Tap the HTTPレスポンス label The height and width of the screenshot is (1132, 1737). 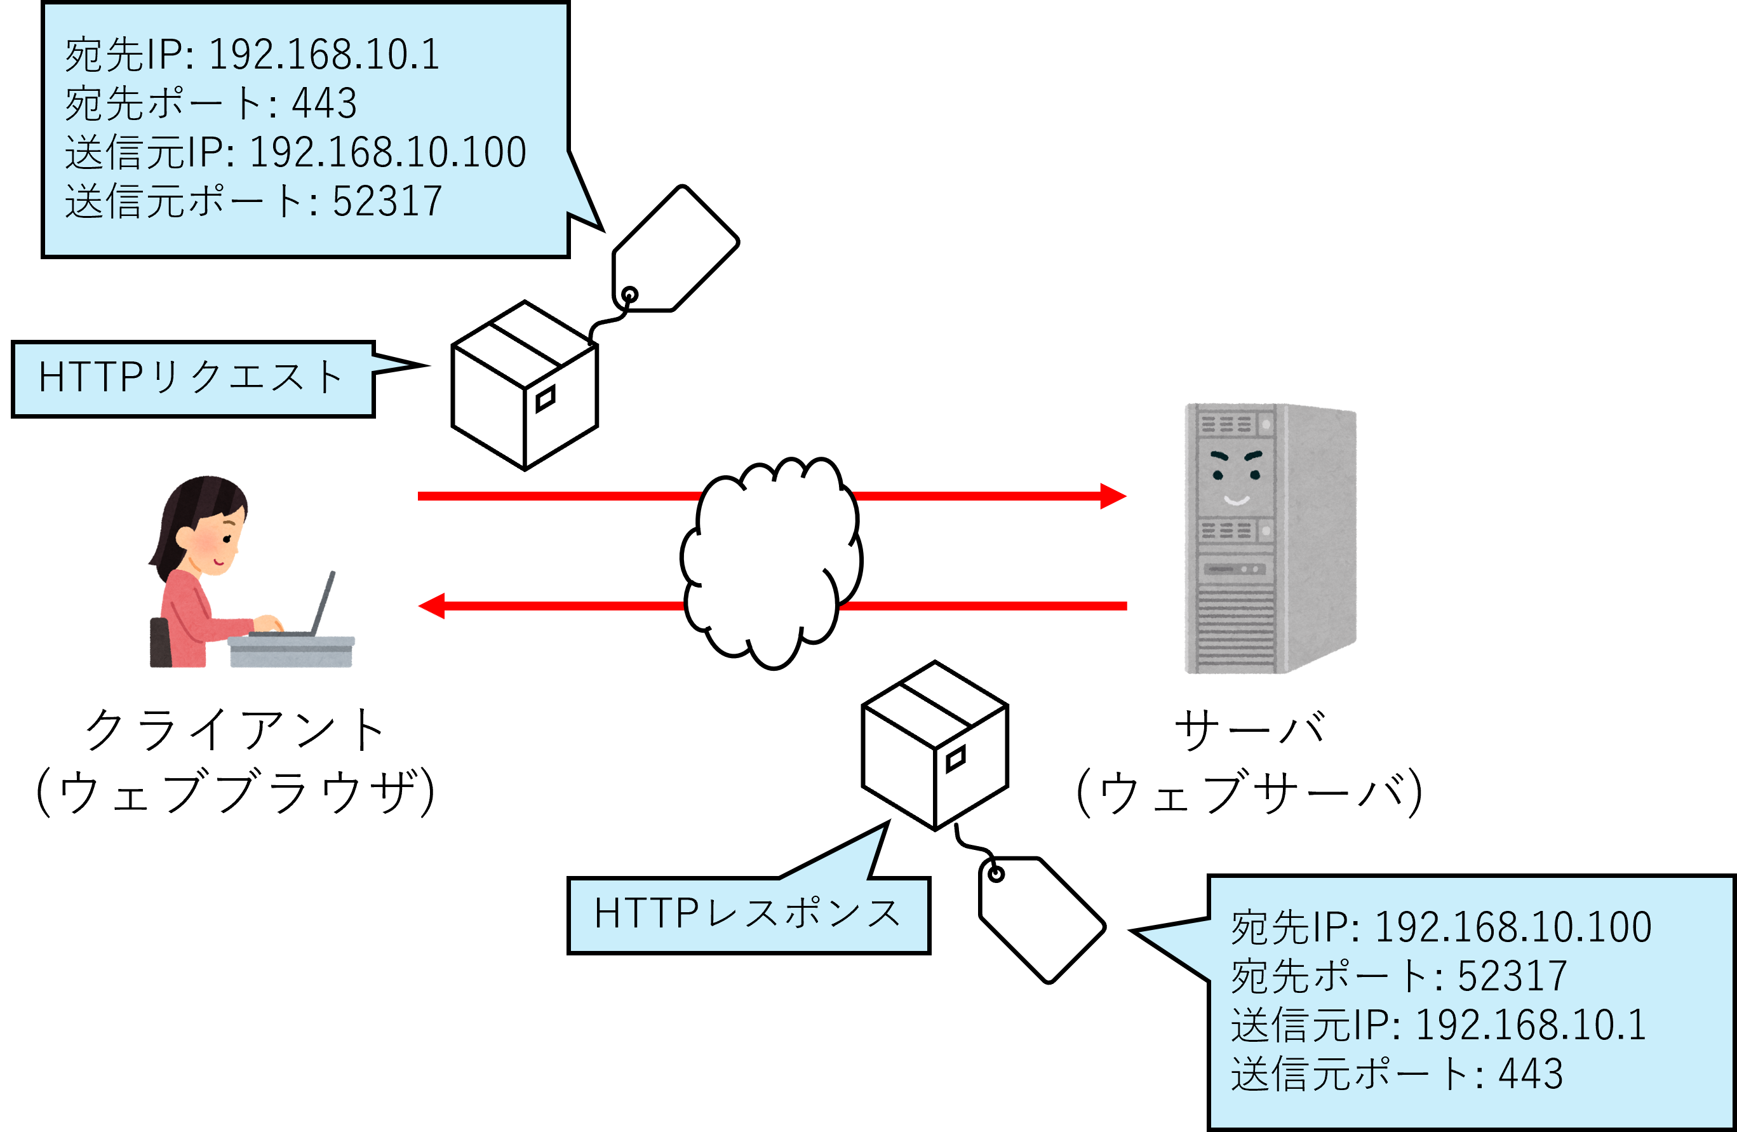click(748, 913)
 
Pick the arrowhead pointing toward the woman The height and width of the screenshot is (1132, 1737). click(432, 606)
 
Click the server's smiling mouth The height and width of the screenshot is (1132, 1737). click(1237, 501)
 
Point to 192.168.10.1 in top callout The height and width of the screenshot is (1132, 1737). click(324, 55)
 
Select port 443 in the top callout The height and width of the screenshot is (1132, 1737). click(324, 104)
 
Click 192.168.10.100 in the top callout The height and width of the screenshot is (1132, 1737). click(387, 152)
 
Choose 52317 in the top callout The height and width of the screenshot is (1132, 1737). click(387, 201)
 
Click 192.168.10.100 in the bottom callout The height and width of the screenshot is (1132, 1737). click(1512, 927)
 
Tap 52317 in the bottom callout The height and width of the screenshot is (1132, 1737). click(1512, 976)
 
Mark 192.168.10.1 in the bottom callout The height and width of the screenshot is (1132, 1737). click(1531, 1025)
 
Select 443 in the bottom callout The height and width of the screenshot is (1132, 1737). click(1531, 1074)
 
